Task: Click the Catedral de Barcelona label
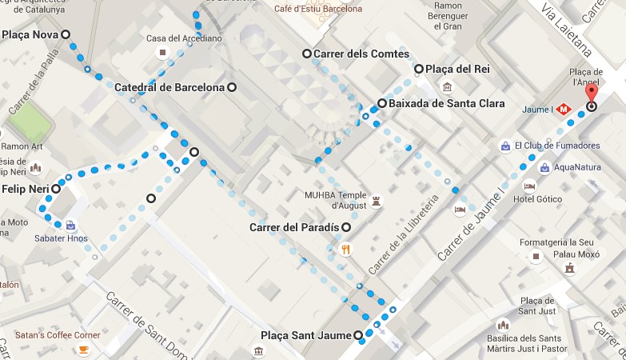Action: pos(169,87)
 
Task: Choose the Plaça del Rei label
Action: pos(457,70)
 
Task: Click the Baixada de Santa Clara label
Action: pos(441,103)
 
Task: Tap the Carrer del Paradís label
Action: pos(294,228)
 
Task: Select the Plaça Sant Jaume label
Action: pos(307,335)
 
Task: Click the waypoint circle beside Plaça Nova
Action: pos(66,34)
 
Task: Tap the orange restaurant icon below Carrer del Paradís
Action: pos(345,249)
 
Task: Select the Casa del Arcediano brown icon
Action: pos(163,54)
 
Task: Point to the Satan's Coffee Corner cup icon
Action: pos(83,350)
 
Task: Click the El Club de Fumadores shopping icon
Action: pos(505,146)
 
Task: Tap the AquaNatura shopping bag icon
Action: pos(544,168)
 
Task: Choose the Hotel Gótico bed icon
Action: pos(528,186)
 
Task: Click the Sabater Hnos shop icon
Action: pos(70,226)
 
